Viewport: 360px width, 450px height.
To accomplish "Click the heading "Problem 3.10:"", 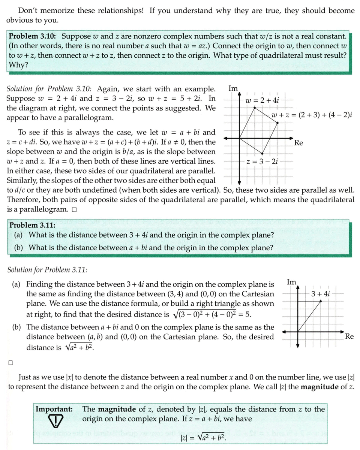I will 32,37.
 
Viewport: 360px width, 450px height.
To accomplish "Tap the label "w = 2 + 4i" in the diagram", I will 262,100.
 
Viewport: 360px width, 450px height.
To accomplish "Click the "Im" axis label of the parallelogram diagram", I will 233,89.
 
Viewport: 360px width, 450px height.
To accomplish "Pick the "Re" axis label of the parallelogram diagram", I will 299,143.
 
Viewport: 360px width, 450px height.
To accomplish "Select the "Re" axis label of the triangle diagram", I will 349,336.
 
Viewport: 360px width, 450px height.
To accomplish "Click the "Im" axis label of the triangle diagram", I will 292,281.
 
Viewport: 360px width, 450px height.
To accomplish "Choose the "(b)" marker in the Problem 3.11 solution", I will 16,327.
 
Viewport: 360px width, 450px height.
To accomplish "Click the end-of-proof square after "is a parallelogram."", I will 74,209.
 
